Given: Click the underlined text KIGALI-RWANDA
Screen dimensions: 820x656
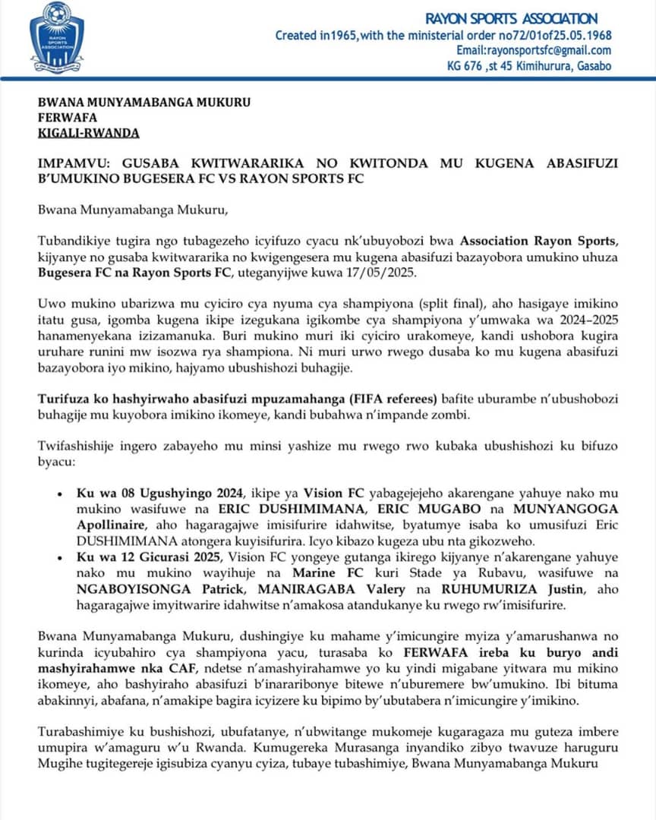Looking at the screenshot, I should (88, 133).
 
